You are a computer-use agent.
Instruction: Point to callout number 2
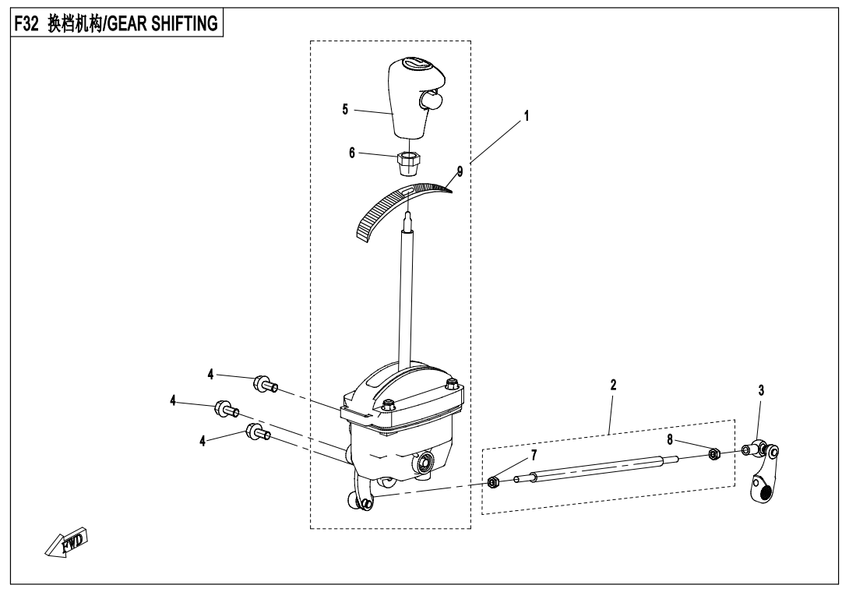[x=614, y=385]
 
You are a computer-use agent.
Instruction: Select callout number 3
[x=760, y=391]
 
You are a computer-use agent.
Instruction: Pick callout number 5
[x=345, y=109]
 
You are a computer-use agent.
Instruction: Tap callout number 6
[x=352, y=153]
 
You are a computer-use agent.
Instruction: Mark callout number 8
[x=670, y=439]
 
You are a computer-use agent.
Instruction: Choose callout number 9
[x=460, y=172]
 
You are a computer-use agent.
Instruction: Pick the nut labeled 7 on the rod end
[x=493, y=483]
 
